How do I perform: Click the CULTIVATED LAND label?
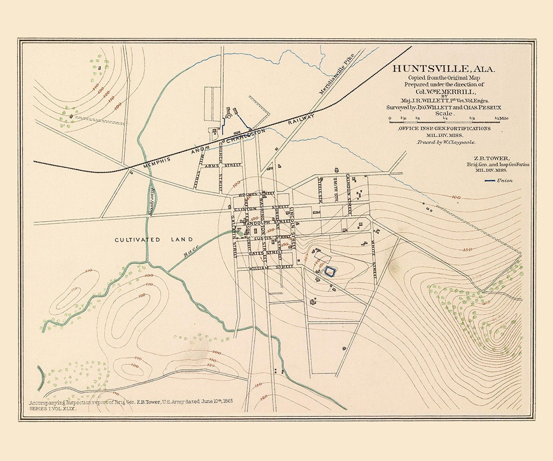154,240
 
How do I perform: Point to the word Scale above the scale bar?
443,113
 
